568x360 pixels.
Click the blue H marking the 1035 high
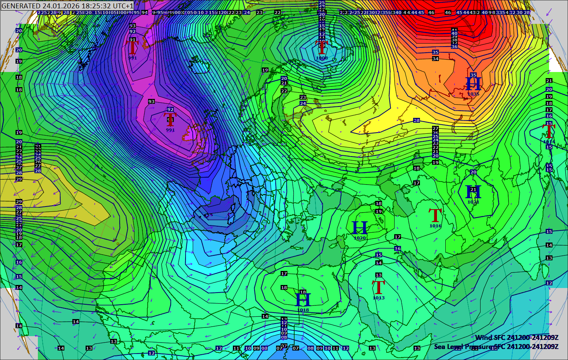(473, 83)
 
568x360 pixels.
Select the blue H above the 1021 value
(473, 192)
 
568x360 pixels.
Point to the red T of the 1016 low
(435, 216)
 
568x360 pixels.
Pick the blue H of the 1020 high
(360, 228)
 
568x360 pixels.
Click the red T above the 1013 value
(379, 288)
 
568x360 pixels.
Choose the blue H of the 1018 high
(303, 300)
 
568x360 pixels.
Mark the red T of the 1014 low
(549, 131)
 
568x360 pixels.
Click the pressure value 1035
(473, 94)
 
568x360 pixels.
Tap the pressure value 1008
(322, 58)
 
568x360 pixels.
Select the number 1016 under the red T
(435, 226)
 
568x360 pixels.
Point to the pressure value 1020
(360, 238)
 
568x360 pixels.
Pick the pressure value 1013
(379, 298)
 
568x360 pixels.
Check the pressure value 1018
(303, 310)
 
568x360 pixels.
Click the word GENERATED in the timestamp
(21, 6)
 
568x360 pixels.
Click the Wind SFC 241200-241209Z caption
(517, 337)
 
